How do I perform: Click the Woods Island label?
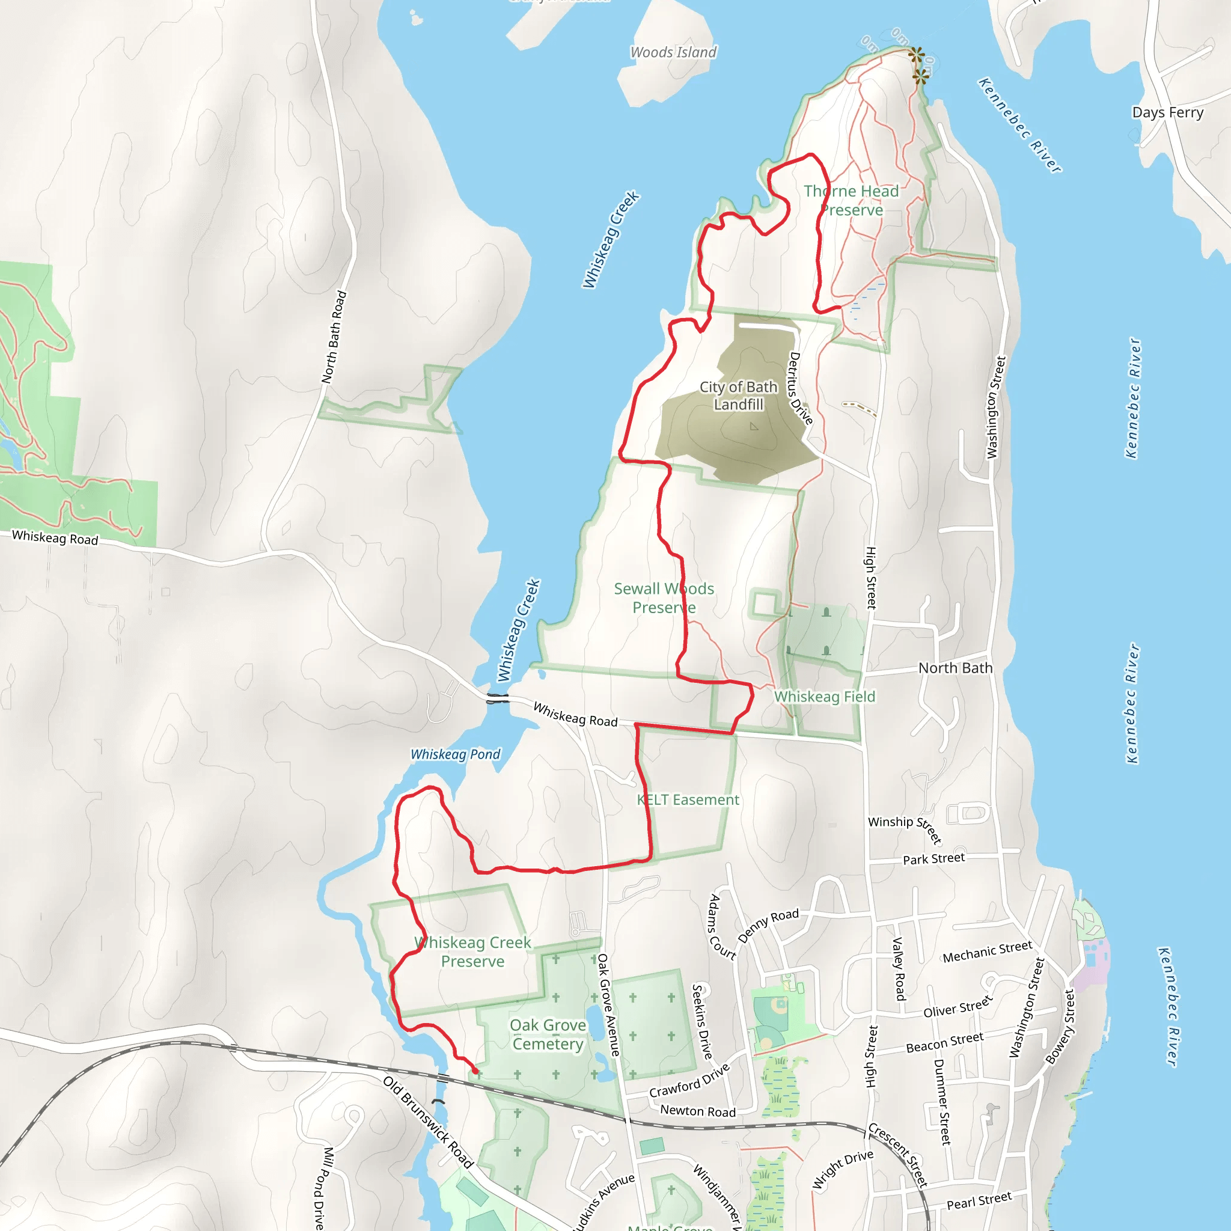673,52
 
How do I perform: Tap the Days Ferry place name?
1167,112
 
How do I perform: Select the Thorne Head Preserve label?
851,200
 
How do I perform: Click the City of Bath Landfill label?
738,396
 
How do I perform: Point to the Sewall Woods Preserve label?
664,597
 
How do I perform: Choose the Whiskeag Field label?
825,697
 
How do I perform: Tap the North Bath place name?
955,668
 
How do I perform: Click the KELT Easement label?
688,799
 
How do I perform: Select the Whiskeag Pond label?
455,754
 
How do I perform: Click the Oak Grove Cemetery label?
548,1034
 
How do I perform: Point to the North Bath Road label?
334,337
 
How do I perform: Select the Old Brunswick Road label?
428,1122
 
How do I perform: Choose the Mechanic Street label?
987,952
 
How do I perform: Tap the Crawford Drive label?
689,1081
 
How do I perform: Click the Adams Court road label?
722,927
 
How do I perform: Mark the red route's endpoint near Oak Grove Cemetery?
475,1071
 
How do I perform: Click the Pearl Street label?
979,1201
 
